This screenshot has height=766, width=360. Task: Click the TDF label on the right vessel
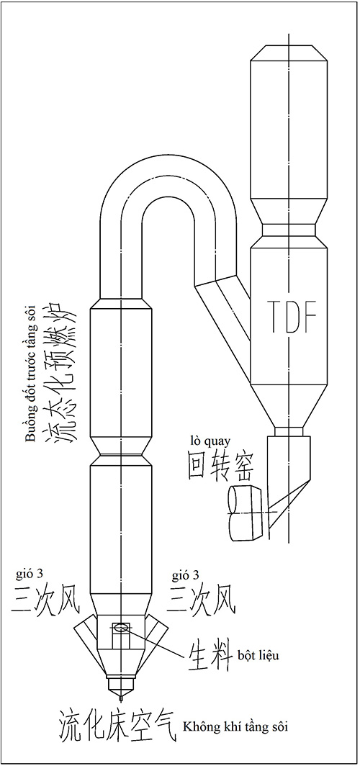coord(289,317)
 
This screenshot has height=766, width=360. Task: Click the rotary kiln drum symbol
coord(248,513)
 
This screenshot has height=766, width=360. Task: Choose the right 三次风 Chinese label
coord(202,600)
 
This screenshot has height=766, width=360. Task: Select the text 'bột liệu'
coord(259,656)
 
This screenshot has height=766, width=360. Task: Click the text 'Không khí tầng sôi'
coord(235,727)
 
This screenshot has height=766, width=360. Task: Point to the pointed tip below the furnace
coord(122,700)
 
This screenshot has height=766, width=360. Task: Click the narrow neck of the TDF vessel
coord(289,230)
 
